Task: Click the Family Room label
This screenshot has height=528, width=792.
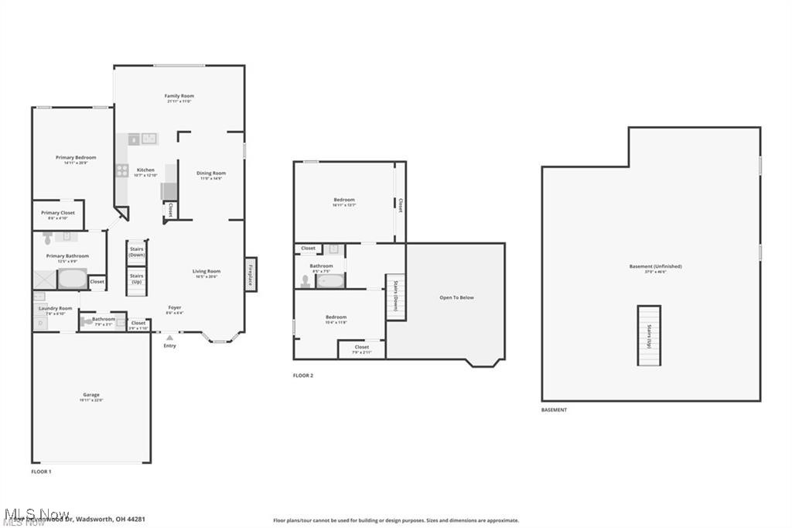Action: point(179,96)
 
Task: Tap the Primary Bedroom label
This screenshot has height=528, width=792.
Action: point(76,158)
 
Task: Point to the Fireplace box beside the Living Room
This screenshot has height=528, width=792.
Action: point(251,275)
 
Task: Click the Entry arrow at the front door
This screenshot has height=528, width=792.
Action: point(169,338)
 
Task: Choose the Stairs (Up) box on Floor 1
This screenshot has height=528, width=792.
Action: point(137,279)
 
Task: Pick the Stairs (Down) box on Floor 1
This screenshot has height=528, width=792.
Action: point(137,252)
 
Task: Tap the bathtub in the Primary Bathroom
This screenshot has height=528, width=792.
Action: point(72,279)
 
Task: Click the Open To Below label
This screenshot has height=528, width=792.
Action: point(456,297)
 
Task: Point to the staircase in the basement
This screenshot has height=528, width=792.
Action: point(649,335)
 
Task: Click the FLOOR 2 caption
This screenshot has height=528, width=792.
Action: point(303,375)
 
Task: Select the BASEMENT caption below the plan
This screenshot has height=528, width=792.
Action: point(554,410)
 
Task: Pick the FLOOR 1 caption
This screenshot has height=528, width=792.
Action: point(41,471)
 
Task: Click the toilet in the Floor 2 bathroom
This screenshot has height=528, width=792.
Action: point(306,281)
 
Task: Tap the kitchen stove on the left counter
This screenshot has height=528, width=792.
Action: point(122,170)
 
